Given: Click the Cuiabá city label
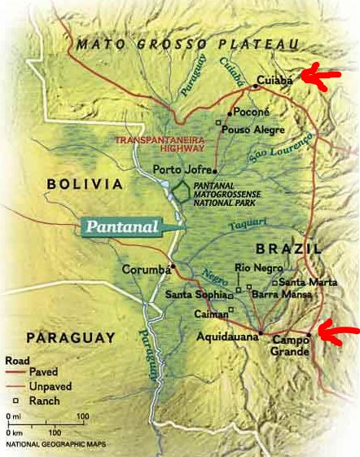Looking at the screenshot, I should (x=274, y=81).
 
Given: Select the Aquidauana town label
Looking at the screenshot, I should (x=226, y=335).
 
